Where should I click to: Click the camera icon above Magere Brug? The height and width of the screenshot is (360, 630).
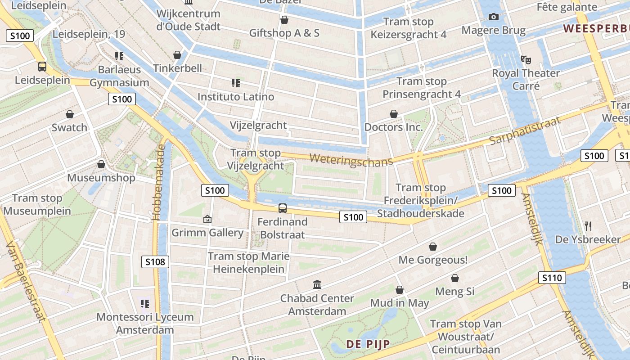click(494, 17)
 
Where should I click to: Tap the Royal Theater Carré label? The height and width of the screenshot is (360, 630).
click(526, 79)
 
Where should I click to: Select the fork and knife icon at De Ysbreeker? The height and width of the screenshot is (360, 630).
click(588, 226)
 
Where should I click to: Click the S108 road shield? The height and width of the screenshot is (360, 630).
click(155, 262)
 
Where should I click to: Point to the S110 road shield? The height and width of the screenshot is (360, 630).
click(552, 278)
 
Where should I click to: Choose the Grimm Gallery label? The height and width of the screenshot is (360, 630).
click(207, 233)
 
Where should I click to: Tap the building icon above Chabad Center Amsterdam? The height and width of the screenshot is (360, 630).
click(317, 285)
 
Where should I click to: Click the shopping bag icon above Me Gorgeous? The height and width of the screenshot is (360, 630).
click(432, 247)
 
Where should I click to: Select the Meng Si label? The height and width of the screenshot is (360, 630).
click(454, 292)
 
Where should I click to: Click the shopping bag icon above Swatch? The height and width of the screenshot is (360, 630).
click(69, 114)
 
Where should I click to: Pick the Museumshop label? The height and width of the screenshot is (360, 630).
click(101, 178)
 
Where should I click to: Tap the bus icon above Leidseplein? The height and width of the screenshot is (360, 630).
click(42, 67)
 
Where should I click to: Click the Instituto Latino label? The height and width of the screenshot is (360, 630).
click(236, 97)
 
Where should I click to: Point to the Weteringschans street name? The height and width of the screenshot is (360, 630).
click(351, 160)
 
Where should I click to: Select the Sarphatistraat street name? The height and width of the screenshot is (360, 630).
click(525, 130)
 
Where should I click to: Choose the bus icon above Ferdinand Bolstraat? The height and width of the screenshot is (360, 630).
click(282, 208)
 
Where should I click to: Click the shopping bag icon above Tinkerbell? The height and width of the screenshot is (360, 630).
click(177, 55)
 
